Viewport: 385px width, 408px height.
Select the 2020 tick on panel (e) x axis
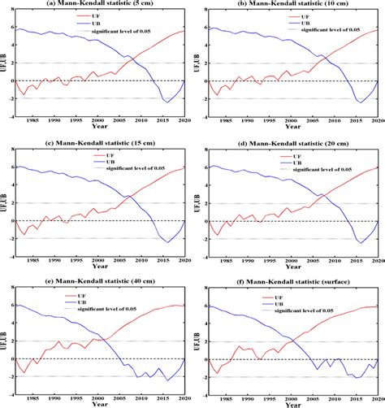(188, 399)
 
